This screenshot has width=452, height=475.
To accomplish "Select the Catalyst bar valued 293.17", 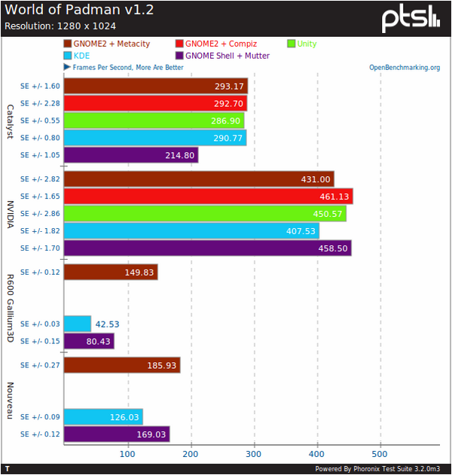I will click(156, 86).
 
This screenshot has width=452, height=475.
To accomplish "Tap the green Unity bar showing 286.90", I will click(154, 120).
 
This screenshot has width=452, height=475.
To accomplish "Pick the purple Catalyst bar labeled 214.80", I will click(131, 155).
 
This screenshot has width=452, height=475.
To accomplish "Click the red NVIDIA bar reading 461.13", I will click(209, 196).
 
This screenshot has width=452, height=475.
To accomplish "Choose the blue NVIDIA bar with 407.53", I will click(191, 230).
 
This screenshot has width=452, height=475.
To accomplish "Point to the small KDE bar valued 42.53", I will click(78, 324).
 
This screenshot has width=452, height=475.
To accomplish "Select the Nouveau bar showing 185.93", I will click(122, 365).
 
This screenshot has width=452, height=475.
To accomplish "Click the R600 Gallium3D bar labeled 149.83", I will click(111, 272).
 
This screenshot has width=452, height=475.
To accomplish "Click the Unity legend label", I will click(307, 44).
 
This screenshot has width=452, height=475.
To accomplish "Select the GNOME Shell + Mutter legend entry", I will click(227, 56).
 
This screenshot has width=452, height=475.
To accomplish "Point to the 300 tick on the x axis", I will click(255, 454).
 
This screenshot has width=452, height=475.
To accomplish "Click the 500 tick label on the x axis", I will click(380, 454).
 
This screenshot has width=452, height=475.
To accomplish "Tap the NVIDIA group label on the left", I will click(11, 213).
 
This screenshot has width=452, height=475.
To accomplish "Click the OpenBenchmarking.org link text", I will click(405, 68).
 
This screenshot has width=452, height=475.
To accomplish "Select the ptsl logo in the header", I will click(410, 20).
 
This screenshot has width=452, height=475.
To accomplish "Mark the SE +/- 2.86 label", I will click(40, 214).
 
